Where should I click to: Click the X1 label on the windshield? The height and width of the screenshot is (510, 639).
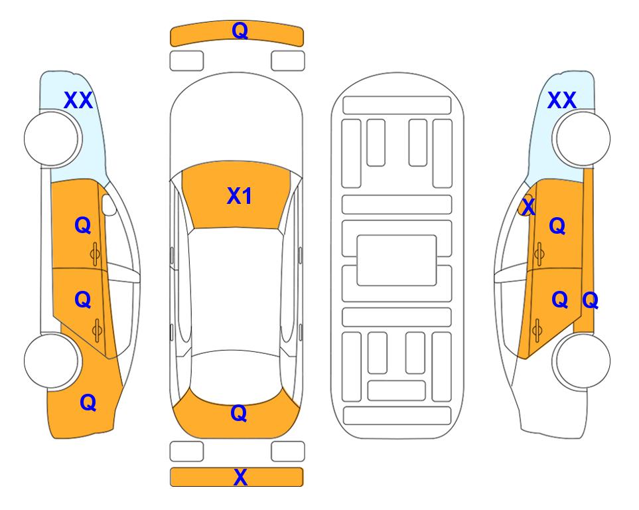[240, 196]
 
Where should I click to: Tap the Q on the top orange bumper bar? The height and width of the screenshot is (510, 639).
[240, 31]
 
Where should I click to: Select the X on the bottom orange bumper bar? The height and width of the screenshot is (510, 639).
[240, 477]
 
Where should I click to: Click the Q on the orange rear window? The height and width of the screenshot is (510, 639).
[239, 413]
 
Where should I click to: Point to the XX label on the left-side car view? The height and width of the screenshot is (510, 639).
[78, 100]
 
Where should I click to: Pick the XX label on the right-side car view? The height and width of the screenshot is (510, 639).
[561, 100]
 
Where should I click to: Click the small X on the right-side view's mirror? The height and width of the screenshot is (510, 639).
[528, 207]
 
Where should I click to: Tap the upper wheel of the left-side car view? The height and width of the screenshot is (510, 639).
[51, 139]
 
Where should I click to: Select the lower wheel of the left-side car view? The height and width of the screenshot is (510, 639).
[51, 361]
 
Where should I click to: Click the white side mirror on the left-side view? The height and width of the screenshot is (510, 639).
[109, 205]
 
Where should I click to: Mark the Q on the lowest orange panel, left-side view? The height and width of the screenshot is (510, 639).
[88, 402]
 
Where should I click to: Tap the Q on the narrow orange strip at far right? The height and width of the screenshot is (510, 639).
[590, 301]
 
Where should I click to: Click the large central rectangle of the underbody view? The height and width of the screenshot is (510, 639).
[397, 260]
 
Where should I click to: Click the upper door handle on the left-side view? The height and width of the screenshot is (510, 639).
[96, 254]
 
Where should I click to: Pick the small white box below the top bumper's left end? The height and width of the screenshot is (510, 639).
[186, 61]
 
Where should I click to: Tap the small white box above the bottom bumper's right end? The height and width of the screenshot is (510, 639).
[288, 452]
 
